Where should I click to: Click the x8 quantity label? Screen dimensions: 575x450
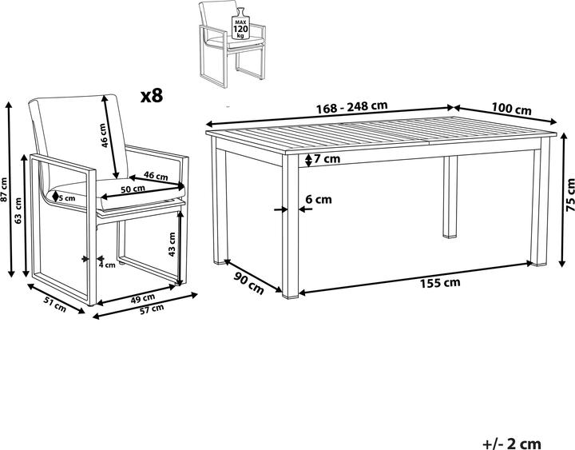[152, 96]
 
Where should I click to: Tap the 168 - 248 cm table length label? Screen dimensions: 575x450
[352, 107]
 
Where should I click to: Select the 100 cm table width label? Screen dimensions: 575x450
[511, 109]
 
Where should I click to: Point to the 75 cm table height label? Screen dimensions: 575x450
[570, 195]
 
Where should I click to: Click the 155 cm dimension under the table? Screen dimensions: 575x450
[440, 283]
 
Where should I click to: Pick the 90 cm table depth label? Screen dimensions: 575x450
[249, 284]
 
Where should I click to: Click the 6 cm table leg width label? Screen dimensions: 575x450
[319, 199]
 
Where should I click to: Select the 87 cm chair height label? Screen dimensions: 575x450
[4, 189]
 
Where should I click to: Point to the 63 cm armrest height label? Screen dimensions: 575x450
[18, 211]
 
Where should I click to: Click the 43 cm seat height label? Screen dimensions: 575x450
[172, 245]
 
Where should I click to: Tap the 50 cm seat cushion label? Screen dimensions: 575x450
[133, 189]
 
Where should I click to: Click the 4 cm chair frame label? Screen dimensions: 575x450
[107, 265]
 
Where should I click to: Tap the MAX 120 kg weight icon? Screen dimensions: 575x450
[240, 24]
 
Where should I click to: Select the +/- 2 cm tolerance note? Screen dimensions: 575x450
[512, 444]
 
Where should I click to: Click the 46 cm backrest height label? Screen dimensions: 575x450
[104, 135]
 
